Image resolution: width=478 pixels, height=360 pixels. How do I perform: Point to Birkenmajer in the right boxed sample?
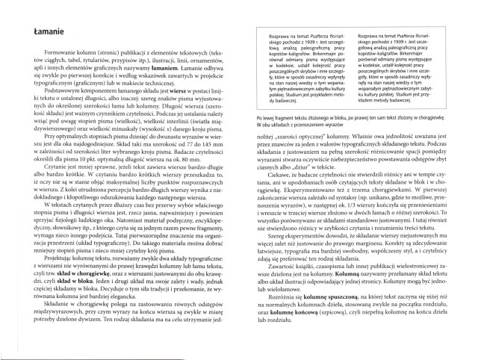click(x=420, y=56)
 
